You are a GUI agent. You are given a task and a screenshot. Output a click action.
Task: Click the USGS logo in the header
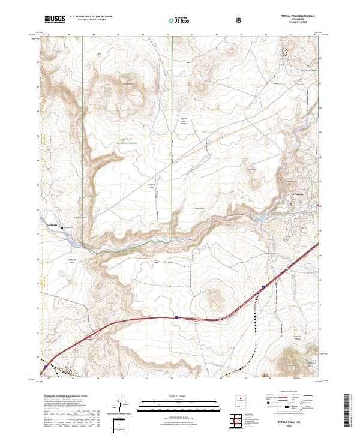pos(54,20)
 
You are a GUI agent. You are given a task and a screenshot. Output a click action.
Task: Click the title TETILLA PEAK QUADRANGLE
pos(298,16)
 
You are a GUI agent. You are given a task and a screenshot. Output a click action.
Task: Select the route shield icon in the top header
pos(239,20)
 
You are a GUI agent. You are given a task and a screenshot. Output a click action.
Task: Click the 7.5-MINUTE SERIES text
pos(298,22)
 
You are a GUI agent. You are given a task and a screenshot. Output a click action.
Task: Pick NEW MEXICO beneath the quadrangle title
pos(298,19)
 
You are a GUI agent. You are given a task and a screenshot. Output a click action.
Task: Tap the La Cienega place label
pos(298,194)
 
